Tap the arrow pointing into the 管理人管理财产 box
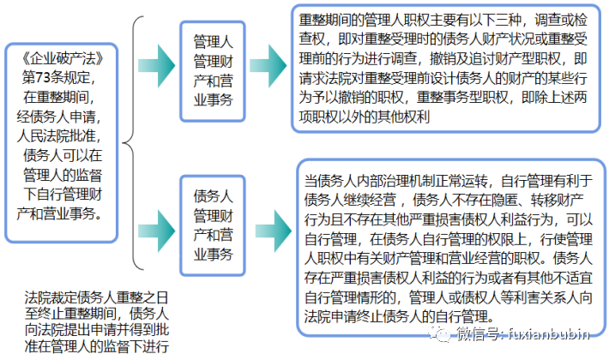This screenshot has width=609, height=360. (x=157, y=69)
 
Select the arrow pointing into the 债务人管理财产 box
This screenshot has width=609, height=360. (x=157, y=225)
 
